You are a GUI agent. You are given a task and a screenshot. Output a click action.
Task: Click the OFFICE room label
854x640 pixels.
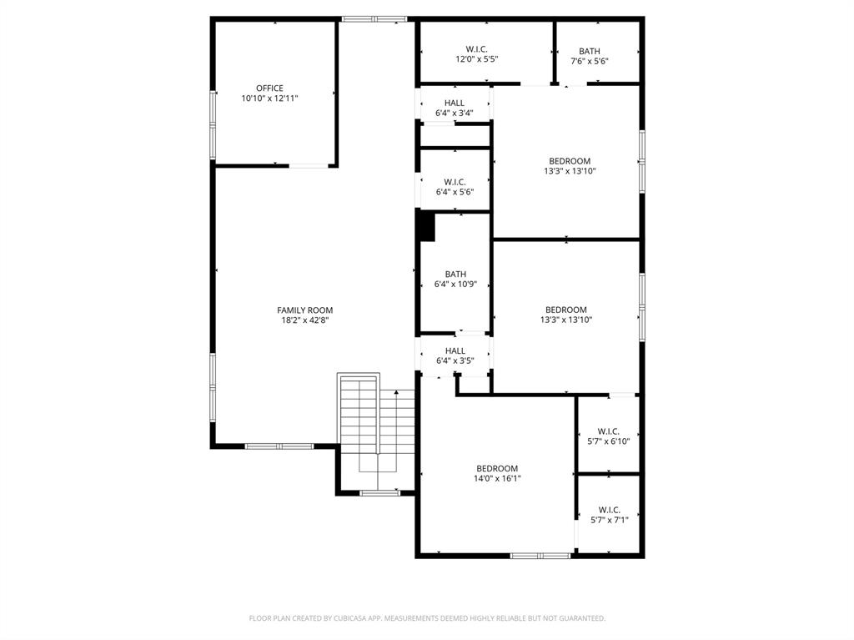tap(269, 88)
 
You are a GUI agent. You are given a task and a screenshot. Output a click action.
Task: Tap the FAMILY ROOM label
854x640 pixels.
tap(304, 310)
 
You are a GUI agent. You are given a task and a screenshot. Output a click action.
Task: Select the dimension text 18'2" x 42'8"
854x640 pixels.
tap(304, 320)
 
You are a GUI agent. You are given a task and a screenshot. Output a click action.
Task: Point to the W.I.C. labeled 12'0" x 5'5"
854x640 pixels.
tap(476, 49)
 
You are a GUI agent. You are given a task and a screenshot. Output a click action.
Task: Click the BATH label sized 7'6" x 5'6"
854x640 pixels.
tap(589, 51)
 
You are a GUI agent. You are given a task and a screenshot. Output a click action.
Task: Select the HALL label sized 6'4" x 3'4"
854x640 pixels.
tap(455, 103)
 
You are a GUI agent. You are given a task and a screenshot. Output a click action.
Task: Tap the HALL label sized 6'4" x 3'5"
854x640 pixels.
tap(455, 350)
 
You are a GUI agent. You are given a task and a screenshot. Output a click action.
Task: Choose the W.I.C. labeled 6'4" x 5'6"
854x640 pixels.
tap(455, 182)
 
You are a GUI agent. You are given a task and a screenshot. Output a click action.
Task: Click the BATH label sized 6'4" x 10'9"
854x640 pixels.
tap(455, 274)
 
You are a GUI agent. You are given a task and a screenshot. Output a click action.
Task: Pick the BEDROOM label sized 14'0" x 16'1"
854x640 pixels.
tap(497, 468)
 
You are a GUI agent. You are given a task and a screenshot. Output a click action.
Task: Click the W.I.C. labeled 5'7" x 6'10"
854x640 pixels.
tap(609, 431)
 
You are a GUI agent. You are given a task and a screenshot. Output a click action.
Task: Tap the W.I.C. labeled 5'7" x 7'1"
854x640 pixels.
tap(609, 510)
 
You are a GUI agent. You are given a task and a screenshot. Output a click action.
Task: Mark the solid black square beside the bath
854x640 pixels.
tap(426, 226)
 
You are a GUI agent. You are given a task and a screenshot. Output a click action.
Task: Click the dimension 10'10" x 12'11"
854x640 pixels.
tap(269, 98)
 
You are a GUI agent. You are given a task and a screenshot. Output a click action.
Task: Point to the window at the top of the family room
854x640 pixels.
tap(374, 18)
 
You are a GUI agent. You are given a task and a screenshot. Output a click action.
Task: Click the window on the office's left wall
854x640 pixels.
tap(213, 125)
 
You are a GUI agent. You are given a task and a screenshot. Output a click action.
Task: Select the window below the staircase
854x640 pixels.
tap(379, 493)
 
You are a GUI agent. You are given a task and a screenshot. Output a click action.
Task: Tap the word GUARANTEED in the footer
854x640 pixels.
tap(578, 618)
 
